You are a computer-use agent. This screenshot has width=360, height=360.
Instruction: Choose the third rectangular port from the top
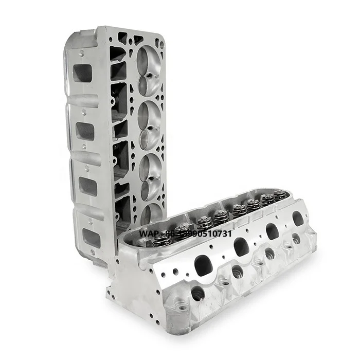pyautogui.click(x=88, y=186)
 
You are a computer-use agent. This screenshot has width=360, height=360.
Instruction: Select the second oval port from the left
pyautogui.click(x=241, y=247)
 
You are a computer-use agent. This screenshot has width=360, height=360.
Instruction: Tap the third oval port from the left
pyautogui.click(x=272, y=231)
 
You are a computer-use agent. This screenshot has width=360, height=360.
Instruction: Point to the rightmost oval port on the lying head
pyautogui.click(x=298, y=219)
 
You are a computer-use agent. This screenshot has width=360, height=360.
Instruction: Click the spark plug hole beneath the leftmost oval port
pyautogui.click(x=197, y=294)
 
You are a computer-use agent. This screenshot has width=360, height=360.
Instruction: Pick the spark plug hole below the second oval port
pyautogui.click(x=237, y=271)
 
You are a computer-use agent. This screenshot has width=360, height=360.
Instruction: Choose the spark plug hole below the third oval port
pyautogui.click(x=269, y=253)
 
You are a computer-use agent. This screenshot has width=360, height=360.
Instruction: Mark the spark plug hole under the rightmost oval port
pyautogui.click(x=296, y=239)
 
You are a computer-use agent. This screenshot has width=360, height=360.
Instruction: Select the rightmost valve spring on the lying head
pyautogui.click(x=280, y=195)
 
